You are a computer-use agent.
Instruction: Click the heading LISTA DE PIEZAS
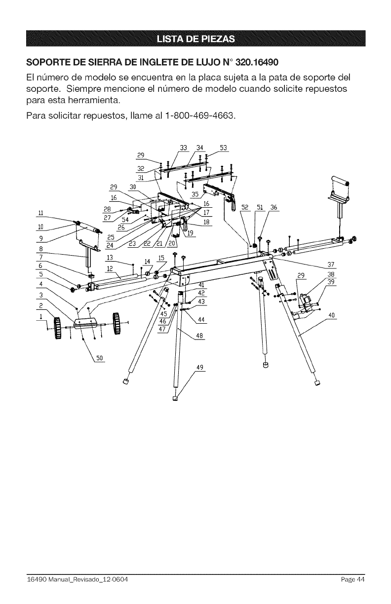coord(195,39)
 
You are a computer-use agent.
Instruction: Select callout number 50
coord(99,358)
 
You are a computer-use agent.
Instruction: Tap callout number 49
coord(200,367)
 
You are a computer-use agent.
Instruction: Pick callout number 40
coord(332,315)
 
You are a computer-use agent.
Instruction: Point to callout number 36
coord(273,207)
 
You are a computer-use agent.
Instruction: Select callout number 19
coord(191,233)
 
